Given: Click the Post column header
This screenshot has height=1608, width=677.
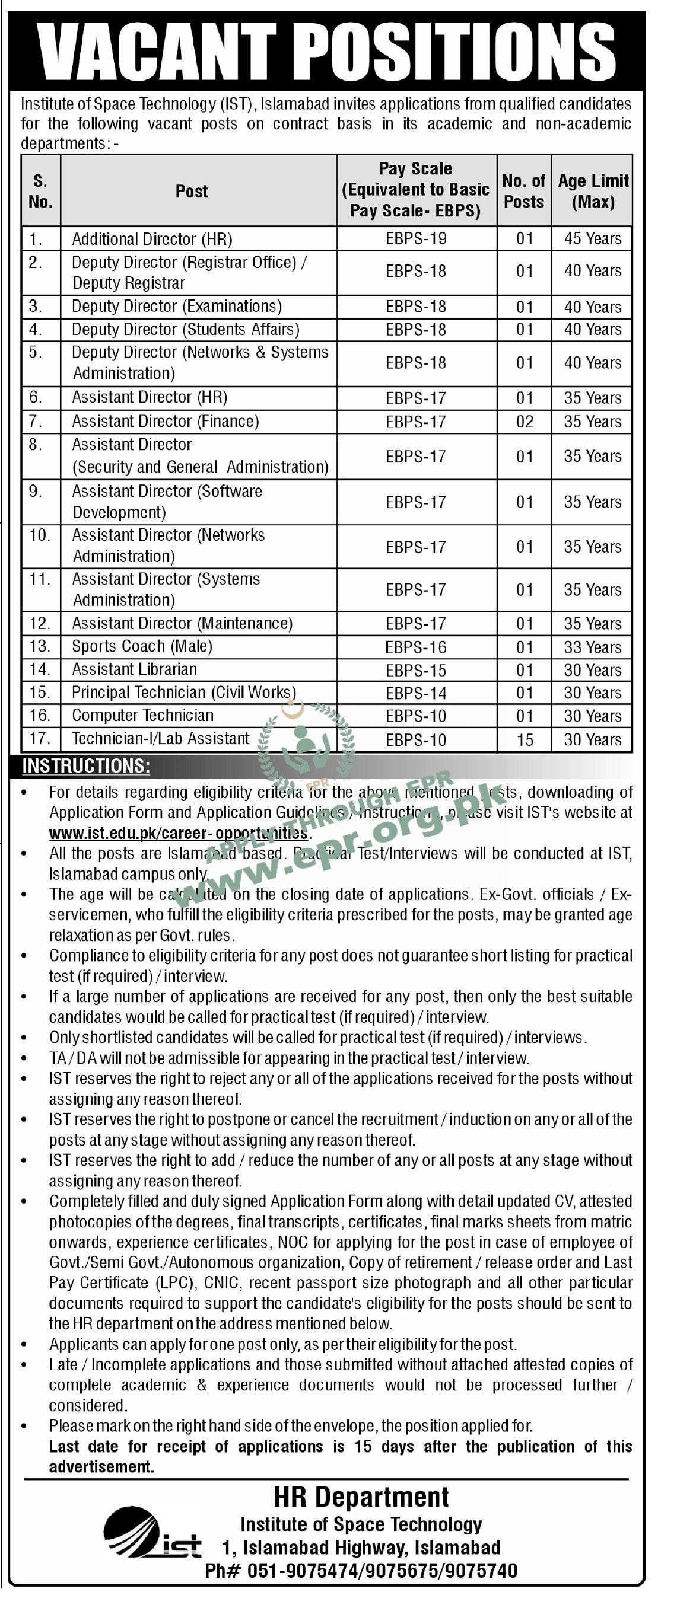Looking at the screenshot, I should (191, 191).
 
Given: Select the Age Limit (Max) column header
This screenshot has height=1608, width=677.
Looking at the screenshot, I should (593, 191).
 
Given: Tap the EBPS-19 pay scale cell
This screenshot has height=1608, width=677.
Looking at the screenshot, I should (416, 238).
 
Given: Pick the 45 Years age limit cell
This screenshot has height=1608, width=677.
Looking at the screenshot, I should (593, 238).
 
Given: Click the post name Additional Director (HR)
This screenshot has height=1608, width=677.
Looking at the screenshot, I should (152, 239).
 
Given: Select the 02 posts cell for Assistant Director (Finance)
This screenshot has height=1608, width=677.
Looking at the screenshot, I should (525, 422).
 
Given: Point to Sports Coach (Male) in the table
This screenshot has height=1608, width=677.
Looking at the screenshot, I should (142, 647).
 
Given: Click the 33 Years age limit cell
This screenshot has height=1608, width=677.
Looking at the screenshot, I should (593, 647).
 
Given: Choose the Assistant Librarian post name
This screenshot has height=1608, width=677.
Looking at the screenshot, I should (134, 670).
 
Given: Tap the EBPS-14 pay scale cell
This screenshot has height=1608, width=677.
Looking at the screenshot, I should (416, 693).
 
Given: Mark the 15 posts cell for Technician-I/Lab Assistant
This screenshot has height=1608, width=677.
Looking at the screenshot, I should (525, 740).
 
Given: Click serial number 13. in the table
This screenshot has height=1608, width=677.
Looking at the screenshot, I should (40, 647).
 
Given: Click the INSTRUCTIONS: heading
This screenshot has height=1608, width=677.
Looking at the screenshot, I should (86, 766).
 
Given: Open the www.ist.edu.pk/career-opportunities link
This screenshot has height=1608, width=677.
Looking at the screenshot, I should (179, 833).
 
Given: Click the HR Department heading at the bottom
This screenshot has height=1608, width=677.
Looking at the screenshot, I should (361, 1498).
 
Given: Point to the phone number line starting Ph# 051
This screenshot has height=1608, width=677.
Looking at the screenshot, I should (361, 1571).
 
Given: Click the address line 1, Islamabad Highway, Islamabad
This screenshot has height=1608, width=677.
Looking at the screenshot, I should (361, 1548).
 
